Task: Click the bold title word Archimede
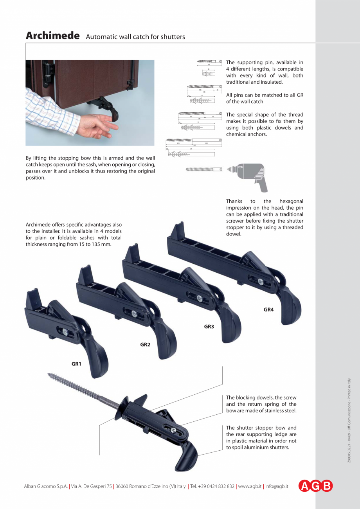pos(52,36)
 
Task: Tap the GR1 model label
pos(76,364)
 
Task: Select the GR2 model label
pos(145,344)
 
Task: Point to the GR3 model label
pos(209,326)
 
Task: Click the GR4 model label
pos(268,309)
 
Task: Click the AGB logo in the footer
pos(316,486)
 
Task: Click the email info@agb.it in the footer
pos(277,486)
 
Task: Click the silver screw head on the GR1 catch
pos(65,332)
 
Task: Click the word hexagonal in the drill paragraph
pos(292,201)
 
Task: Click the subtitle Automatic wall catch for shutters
pos(135,37)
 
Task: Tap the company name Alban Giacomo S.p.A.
pos(46,486)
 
